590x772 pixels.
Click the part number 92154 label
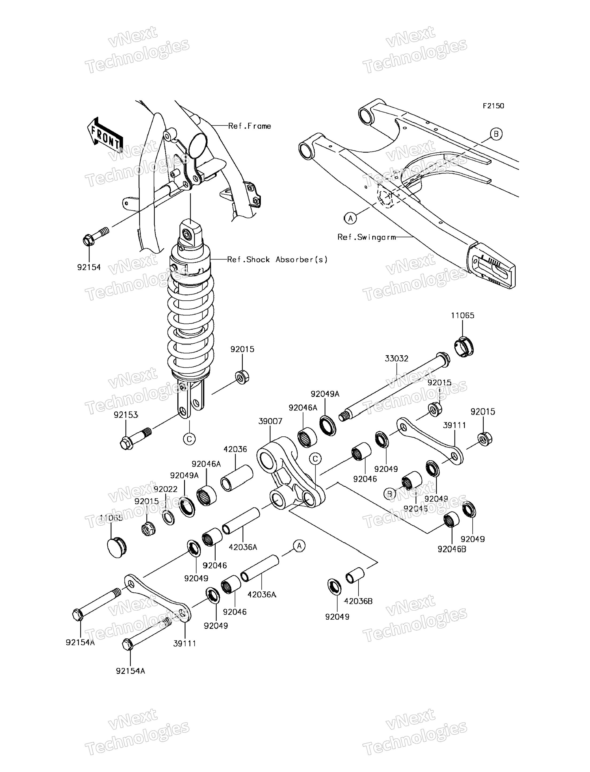[89, 267]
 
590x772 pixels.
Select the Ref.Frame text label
[249, 126]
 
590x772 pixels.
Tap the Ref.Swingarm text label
[366, 238]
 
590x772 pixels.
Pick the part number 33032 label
[397, 359]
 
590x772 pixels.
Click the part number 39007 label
[270, 421]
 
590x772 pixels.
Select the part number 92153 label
[126, 415]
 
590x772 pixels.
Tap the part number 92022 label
[165, 489]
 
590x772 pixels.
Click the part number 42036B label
[358, 601]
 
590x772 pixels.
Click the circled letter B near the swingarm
[496, 134]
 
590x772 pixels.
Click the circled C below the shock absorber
[189, 439]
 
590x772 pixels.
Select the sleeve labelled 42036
[237, 478]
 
